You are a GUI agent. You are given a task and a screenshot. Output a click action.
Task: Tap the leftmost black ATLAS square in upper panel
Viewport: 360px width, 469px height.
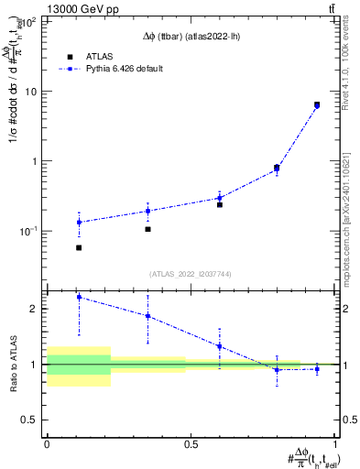pos(79,247)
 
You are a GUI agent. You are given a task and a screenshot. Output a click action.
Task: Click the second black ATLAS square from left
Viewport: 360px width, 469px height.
pos(147,229)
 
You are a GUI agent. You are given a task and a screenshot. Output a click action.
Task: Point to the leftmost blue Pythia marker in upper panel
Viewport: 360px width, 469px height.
pos(79,222)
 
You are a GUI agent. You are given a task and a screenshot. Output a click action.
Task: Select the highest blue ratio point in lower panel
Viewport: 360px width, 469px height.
pos(79,297)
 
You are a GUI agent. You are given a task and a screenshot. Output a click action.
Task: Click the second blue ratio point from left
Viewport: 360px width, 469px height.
pos(147,316)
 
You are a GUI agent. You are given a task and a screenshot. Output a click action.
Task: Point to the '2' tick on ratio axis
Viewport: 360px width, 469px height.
pos(38,309)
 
